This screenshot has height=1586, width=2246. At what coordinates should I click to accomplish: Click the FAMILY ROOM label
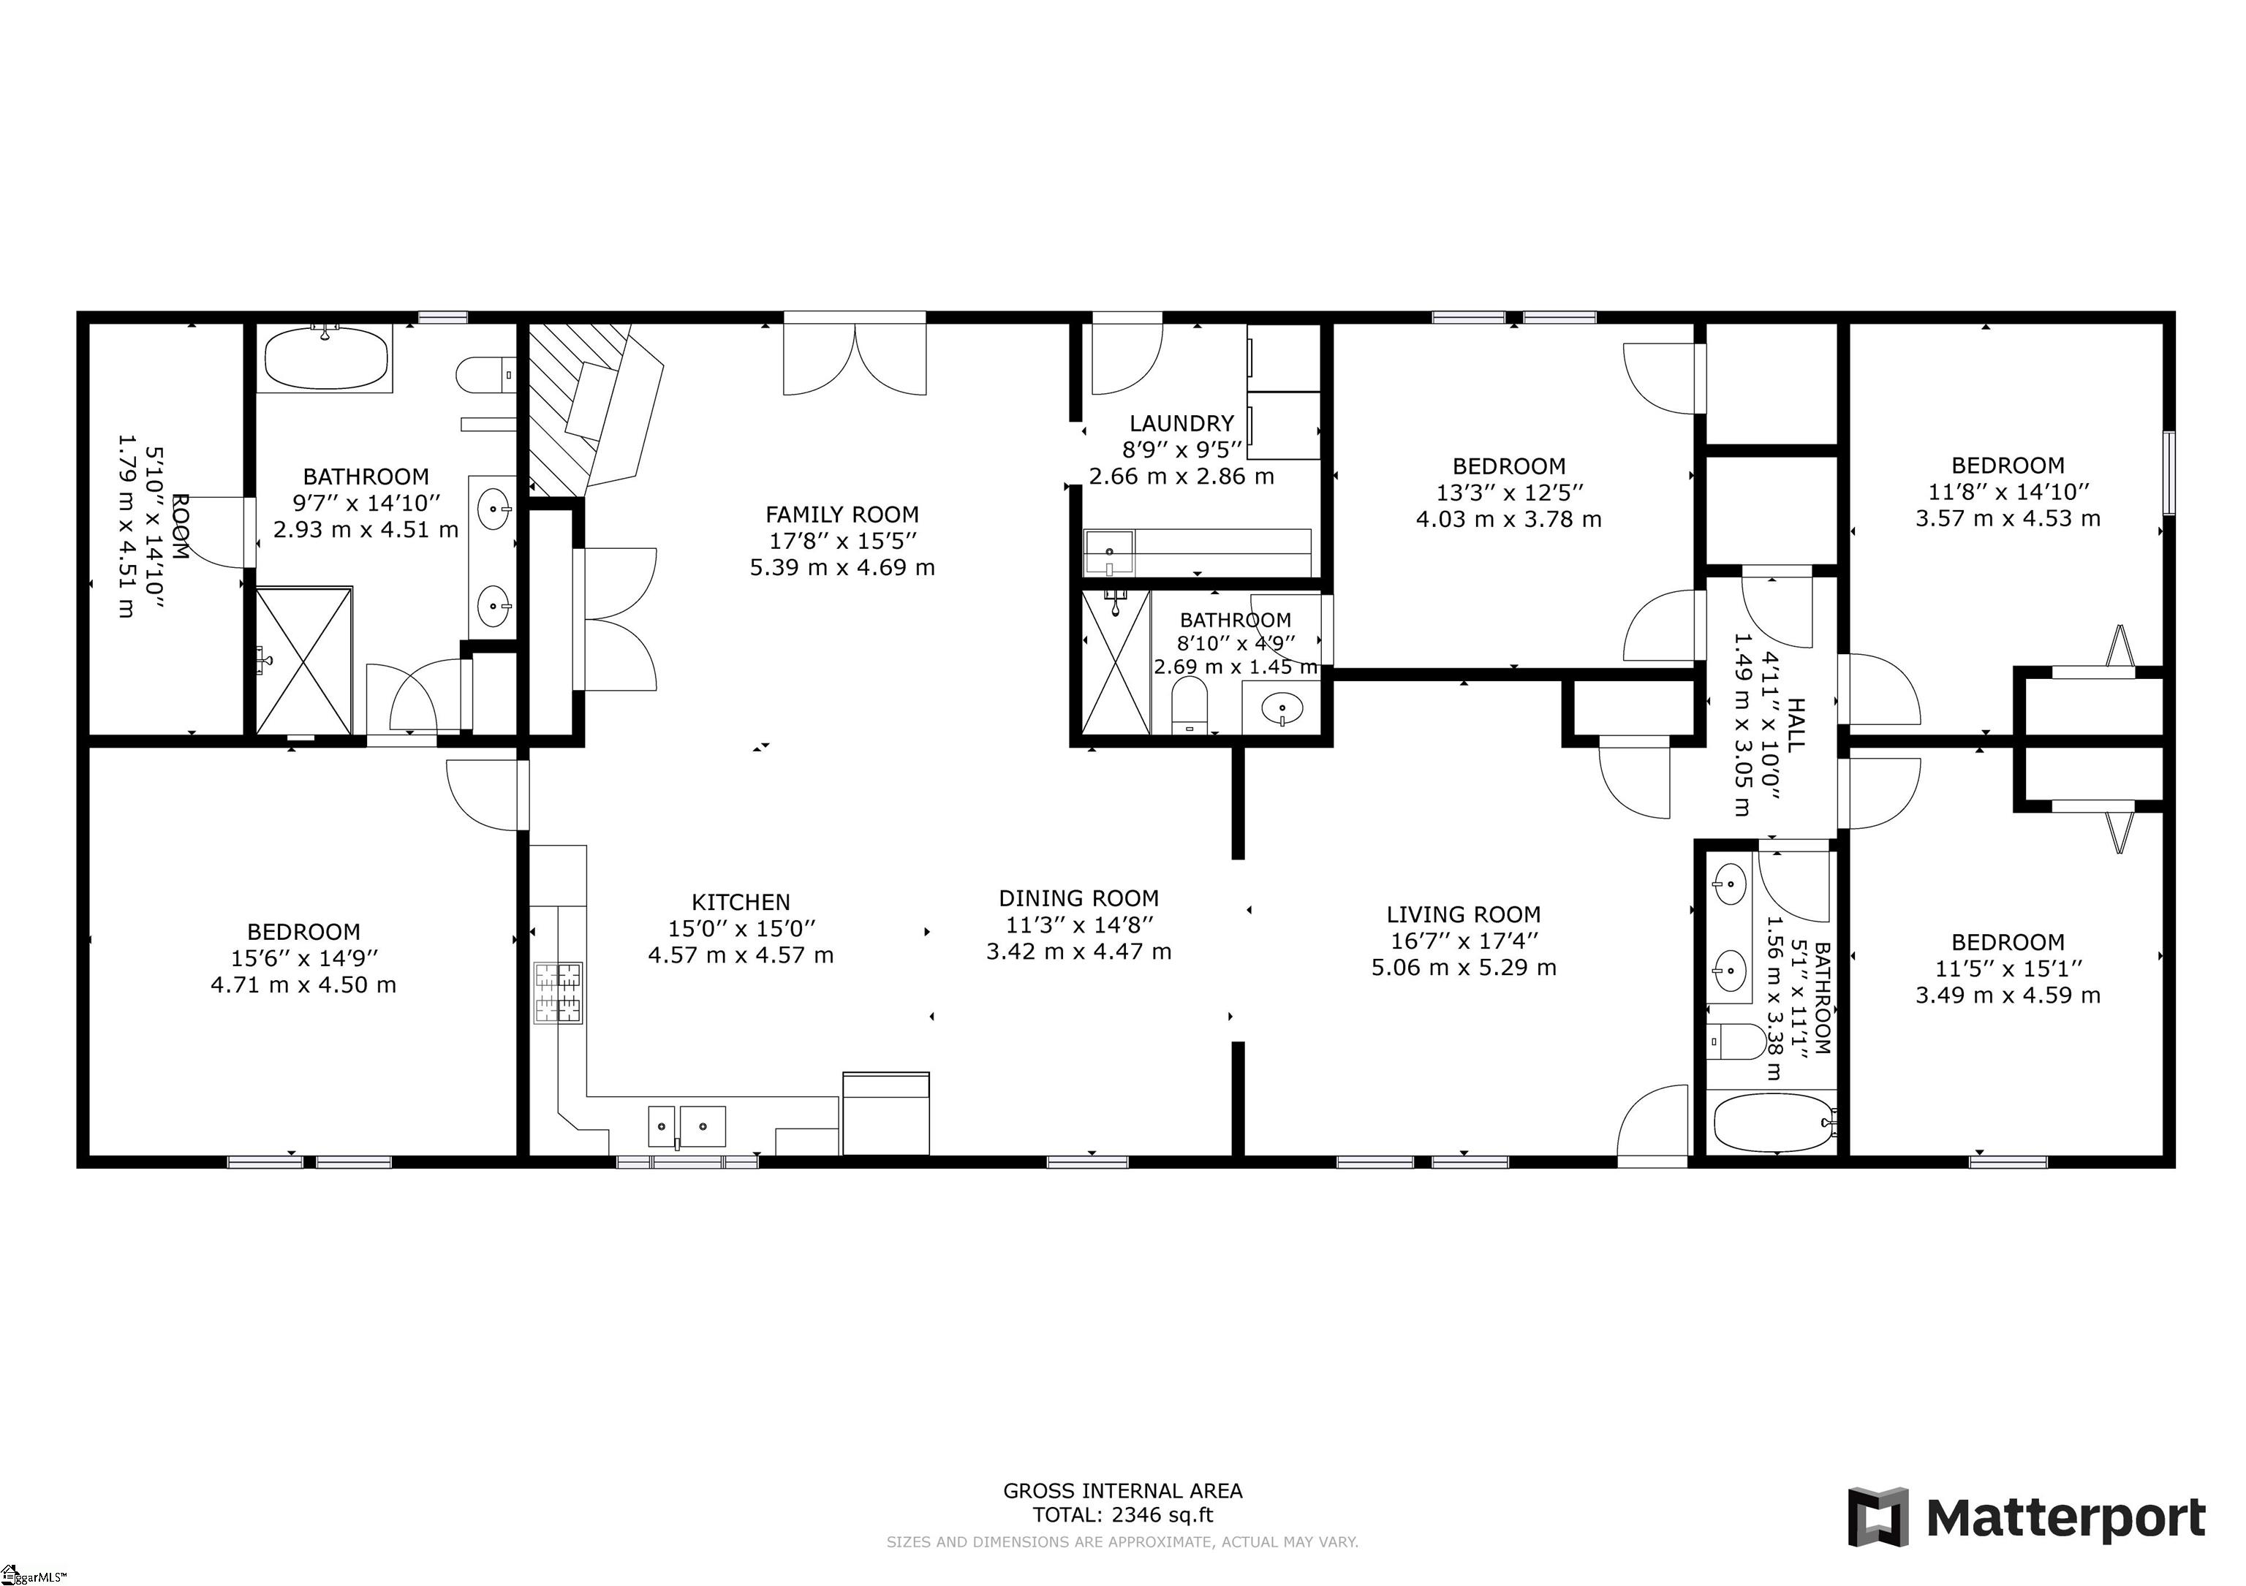point(842,515)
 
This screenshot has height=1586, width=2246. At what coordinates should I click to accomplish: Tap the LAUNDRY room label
point(1181,423)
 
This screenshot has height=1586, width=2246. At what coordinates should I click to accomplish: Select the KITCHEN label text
point(741,903)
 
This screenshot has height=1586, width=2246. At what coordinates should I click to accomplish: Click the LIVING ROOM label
point(1464,915)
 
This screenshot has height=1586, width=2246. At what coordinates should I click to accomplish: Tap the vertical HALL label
point(1796,724)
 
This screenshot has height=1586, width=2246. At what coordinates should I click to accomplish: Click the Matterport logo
point(2026,1517)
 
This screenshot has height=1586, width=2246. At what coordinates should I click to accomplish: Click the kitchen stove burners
point(558,993)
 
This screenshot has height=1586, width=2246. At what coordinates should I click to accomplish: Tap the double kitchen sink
point(687,1126)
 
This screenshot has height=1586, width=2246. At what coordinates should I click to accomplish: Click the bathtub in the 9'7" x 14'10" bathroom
point(326,358)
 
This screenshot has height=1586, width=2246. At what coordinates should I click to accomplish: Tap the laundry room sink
point(1109,553)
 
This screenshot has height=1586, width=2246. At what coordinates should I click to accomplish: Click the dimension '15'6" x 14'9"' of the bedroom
point(303,958)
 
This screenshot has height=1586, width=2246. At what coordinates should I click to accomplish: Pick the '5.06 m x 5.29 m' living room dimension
point(1464,968)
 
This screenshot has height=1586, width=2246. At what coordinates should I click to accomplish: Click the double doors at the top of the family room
point(855,358)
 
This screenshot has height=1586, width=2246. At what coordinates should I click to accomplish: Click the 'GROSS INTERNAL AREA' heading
point(1123,1490)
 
